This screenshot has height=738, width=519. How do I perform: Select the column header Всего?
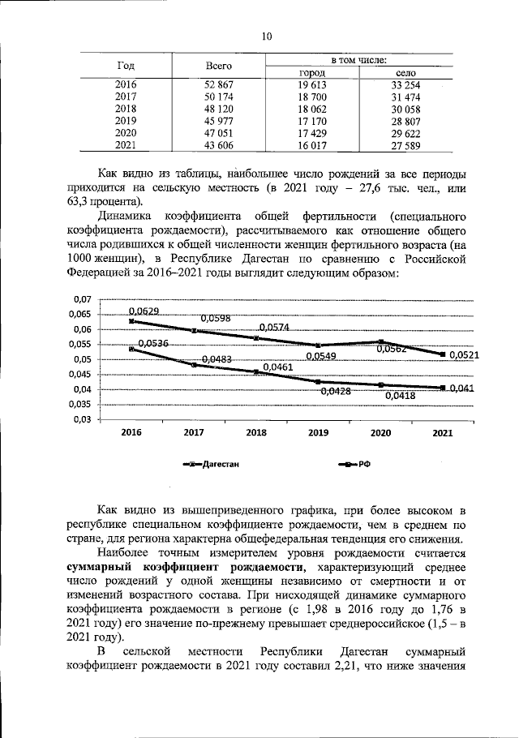(219, 65)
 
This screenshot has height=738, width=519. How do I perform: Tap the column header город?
(312, 73)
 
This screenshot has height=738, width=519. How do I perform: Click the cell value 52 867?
(219, 84)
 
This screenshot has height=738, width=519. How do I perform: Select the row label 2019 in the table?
(126, 121)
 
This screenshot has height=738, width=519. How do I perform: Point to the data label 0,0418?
(400, 396)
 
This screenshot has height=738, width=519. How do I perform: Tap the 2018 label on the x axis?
(256, 433)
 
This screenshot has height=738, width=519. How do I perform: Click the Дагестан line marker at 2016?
(131, 321)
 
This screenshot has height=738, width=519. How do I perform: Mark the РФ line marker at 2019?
(318, 381)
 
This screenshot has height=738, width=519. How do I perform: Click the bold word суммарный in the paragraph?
(103, 568)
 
